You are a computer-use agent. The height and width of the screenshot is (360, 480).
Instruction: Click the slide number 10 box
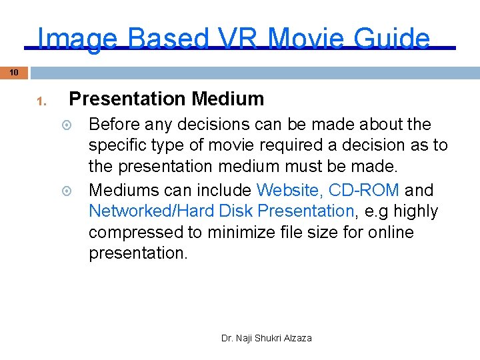[x=13, y=72]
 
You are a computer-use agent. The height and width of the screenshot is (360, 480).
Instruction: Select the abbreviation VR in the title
[x=239, y=39]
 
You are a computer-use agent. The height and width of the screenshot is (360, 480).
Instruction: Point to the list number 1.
[x=41, y=102]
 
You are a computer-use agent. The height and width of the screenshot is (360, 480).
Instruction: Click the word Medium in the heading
[x=227, y=99]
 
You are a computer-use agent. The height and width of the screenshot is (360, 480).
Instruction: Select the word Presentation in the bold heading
[x=127, y=99]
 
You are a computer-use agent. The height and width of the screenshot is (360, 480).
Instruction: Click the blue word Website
[x=289, y=190]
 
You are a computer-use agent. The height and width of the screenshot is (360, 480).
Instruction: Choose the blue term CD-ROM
[x=364, y=190]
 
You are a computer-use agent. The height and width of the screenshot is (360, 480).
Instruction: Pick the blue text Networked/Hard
[x=170, y=211]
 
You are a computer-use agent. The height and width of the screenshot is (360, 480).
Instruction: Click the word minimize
[x=238, y=233]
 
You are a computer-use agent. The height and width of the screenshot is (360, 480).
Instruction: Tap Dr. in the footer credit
[x=227, y=338]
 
